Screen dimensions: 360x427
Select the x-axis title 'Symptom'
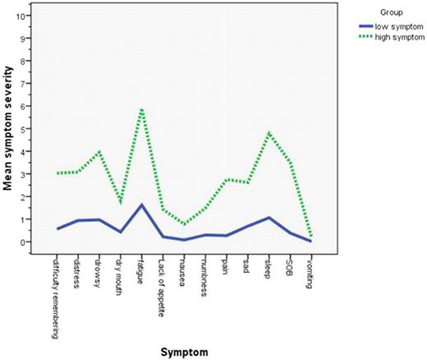coord(186,351)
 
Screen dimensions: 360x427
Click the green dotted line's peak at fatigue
coord(142,108)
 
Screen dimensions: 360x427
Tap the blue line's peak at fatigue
coord(141,205)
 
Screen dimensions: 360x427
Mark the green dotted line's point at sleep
coord(269,132)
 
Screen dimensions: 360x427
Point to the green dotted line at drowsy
coord(99,152)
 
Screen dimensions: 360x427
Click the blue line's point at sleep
coord(269,218)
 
